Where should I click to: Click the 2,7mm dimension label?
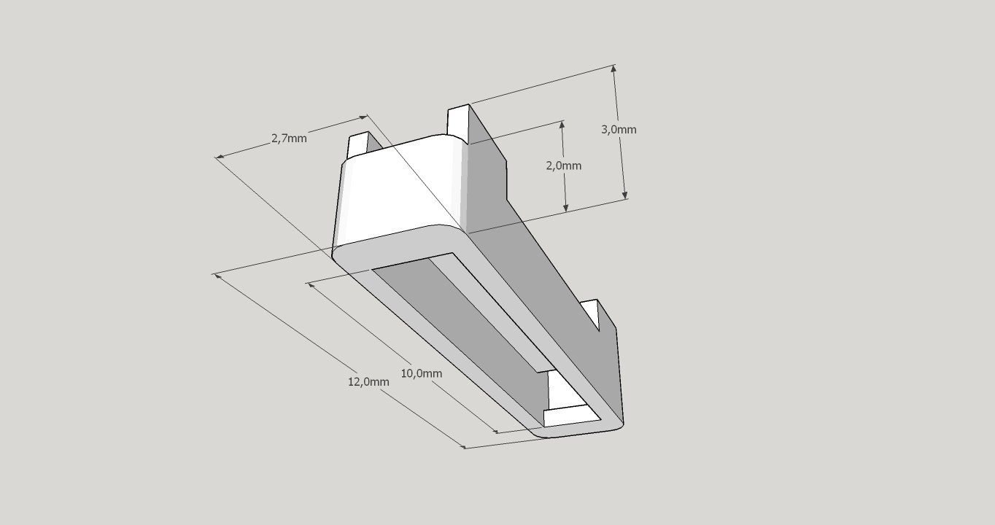click(x=289, y=138)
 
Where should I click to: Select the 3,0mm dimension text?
click(x=619, y=129)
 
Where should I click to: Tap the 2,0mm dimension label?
click(x=564, y=166)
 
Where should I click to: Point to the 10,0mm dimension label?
click(x=422, y=373)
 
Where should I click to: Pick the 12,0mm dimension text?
click(x=368, y=381)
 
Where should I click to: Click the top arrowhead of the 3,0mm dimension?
click(x=614, y=69)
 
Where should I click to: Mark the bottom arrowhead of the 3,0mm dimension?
click(x=624, y=195)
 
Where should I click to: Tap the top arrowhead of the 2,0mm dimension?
click(x=562, y=125)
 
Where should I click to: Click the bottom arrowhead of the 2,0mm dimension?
click(x=565, y=207)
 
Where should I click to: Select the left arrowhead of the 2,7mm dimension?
click(x=219, y=156)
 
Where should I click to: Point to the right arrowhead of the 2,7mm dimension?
click(x=363, y=117)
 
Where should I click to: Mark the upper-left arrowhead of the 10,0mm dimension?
click(x=311, y=285)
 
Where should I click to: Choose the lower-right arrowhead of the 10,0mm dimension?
click(x=494, y=429)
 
